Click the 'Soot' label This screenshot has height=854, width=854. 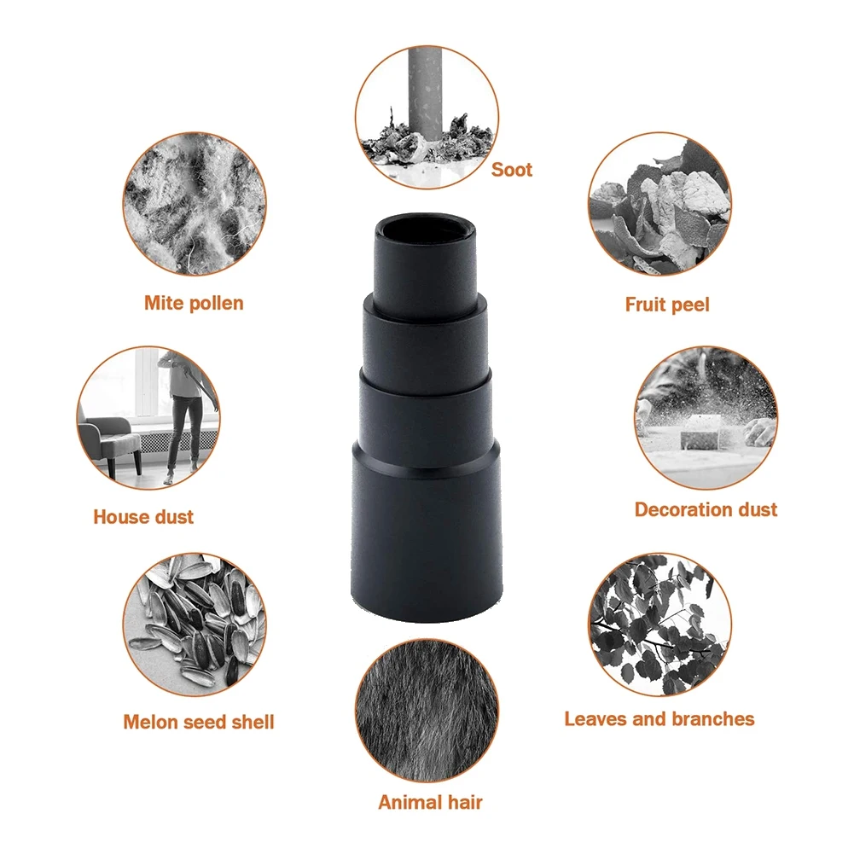[511, 170]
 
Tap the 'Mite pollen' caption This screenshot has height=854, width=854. [194, 303]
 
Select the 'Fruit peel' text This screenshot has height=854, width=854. [666, 305]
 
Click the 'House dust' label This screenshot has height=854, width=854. [143, 516]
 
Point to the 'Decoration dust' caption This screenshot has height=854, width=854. [706, 509]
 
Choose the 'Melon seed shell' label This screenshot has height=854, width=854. [198, 722]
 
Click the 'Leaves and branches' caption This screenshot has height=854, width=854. [659, 718]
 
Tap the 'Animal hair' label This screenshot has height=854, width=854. [430, 802]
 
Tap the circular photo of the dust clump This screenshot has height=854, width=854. [194, 203]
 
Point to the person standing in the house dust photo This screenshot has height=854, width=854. [183, 410]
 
